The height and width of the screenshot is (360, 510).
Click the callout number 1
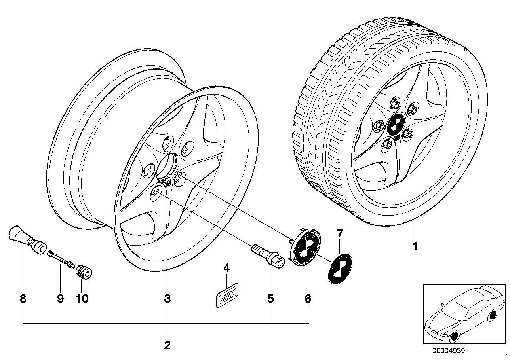coord(415,246)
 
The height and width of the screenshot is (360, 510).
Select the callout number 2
coord(167,345)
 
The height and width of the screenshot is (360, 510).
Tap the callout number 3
coord(167,299)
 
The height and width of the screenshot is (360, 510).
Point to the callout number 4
coord(226,268)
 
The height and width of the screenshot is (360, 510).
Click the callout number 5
coord(270,299)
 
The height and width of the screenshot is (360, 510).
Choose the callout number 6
coord(308,299)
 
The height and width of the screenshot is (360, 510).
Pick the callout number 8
coord(23,299)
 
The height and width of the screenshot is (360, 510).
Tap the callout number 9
coord(60,299)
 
